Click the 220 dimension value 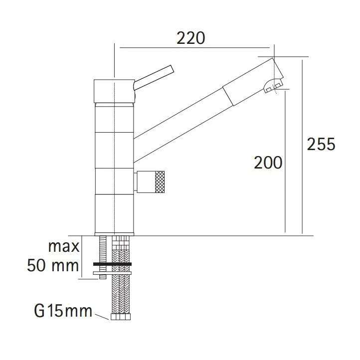(191, 38)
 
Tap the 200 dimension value (268, 163)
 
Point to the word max (64, 247)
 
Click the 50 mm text (53, 265)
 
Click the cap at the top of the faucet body (114, 90)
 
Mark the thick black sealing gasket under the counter (112, 263)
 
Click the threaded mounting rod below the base (102, 249)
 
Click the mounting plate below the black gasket (112, 273)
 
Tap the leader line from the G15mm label (102, 316)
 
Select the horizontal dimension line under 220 (194, 48)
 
